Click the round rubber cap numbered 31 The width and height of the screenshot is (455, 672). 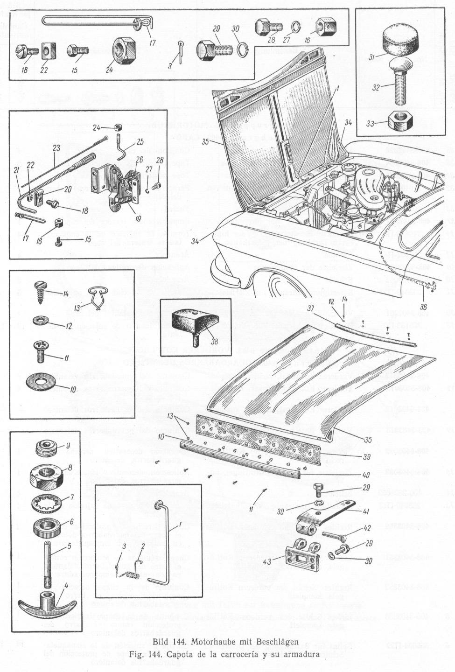[x=396, y=41]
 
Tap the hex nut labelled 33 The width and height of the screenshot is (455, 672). [x=400, y=121]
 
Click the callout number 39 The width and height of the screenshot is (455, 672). [x=366, y=457]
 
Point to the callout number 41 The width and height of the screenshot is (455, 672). [x=366, y=511]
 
